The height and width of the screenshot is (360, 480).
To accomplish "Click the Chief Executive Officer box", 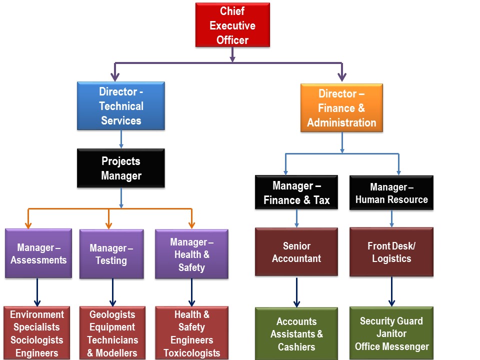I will coord(232,25).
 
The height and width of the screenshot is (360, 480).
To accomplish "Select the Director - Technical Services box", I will coord(121,106).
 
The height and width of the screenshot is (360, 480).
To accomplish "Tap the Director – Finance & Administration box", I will coord(341,108).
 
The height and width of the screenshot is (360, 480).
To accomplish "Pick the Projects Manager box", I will coord(121,168).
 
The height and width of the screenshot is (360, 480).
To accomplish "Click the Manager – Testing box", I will coord(111,254).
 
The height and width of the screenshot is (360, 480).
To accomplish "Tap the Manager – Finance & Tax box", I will coord(296,193).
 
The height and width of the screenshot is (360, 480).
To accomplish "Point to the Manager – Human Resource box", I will coord(391,193).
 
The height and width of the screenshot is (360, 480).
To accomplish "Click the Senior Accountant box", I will coord(296,252).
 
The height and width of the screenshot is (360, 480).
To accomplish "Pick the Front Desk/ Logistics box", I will coord(391,252).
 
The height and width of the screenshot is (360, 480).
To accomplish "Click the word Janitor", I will coord(391,333).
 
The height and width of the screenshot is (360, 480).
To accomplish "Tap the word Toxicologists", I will coord(191,353).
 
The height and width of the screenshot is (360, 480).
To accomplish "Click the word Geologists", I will coord(112,314).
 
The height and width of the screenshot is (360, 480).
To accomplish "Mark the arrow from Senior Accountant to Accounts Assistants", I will coord(296,292).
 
